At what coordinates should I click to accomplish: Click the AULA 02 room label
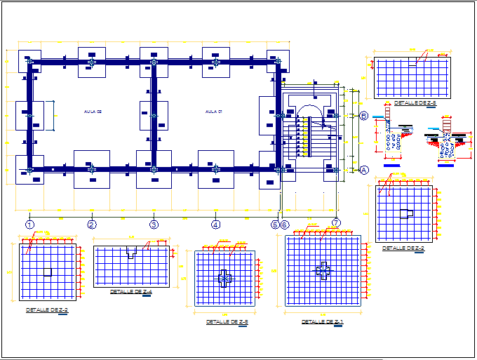94,112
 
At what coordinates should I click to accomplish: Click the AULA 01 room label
213,112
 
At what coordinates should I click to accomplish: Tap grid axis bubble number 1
29,225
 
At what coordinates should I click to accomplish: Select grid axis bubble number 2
91,225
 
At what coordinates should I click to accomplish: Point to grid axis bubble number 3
154,225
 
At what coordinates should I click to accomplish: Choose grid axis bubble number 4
215,225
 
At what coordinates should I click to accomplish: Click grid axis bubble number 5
276,225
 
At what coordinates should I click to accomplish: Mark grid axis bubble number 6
285,225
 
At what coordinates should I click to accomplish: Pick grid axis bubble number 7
336,223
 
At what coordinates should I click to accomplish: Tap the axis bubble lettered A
364,170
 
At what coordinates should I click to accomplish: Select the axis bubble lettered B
364,116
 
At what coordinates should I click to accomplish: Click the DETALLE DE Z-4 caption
131,291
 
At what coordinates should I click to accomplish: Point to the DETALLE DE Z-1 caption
322,321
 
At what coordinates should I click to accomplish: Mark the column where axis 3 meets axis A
154,169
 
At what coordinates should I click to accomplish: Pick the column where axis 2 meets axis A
91,169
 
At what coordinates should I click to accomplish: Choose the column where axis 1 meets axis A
29,169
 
